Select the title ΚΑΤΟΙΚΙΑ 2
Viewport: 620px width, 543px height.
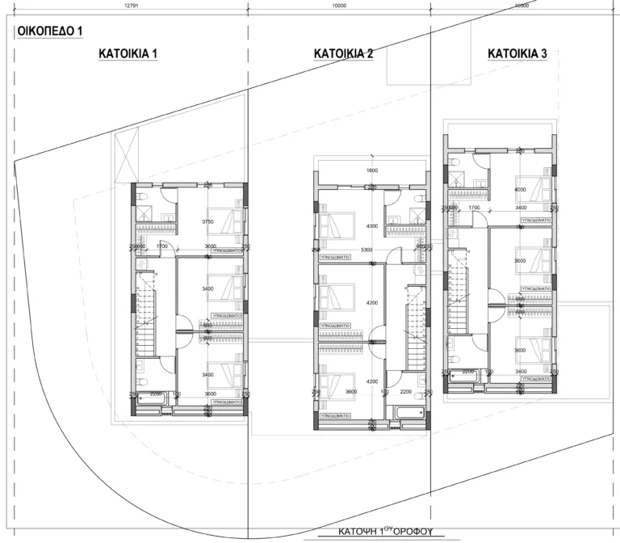coord(343,54)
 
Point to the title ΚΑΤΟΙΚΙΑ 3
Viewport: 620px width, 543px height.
coord(517,54)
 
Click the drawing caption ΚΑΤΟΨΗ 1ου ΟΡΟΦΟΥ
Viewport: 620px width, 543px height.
coord(387,533)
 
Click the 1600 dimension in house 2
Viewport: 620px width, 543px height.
coord(371,170)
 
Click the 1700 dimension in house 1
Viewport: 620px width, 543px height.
coord(162,246)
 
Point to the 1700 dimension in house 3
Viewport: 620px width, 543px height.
coord(474,208)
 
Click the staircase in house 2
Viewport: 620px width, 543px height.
coord(408,331)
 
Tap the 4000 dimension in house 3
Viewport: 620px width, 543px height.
coord(520,189)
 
